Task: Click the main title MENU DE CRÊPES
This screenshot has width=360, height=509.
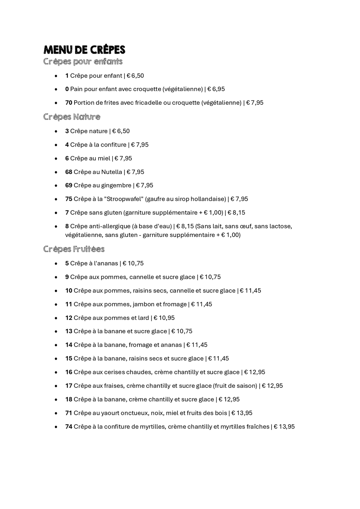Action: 84,50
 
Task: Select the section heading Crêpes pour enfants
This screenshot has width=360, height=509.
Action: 83,62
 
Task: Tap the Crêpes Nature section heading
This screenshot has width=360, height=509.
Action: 72,117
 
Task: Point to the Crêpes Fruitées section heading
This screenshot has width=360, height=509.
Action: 74,249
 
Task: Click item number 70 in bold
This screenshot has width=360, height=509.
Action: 69,103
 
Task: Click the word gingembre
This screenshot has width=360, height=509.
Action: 116,185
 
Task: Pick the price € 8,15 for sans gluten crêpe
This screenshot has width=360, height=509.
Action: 236,213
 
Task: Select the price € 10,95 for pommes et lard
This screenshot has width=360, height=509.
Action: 164,318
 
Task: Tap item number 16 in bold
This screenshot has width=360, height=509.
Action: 69,372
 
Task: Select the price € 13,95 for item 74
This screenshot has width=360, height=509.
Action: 284,427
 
